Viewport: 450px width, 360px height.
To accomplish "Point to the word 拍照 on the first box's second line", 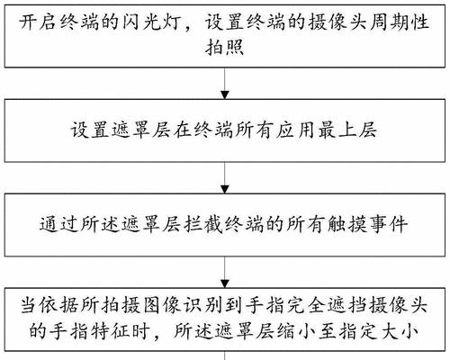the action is (225, 48).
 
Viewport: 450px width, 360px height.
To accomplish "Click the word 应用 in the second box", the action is (296, 130).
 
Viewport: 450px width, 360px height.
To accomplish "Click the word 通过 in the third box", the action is (59, 224).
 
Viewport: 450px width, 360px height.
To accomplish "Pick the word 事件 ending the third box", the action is (389, 224).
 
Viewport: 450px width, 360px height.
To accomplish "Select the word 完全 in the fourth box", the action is (308, 306).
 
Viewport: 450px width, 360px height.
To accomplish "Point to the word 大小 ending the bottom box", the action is (399, 331).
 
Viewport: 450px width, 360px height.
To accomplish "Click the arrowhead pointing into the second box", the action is (225, 94).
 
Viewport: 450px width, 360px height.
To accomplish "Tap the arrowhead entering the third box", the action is (225, 189).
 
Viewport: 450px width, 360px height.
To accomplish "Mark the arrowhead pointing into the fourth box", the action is (225, 283).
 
